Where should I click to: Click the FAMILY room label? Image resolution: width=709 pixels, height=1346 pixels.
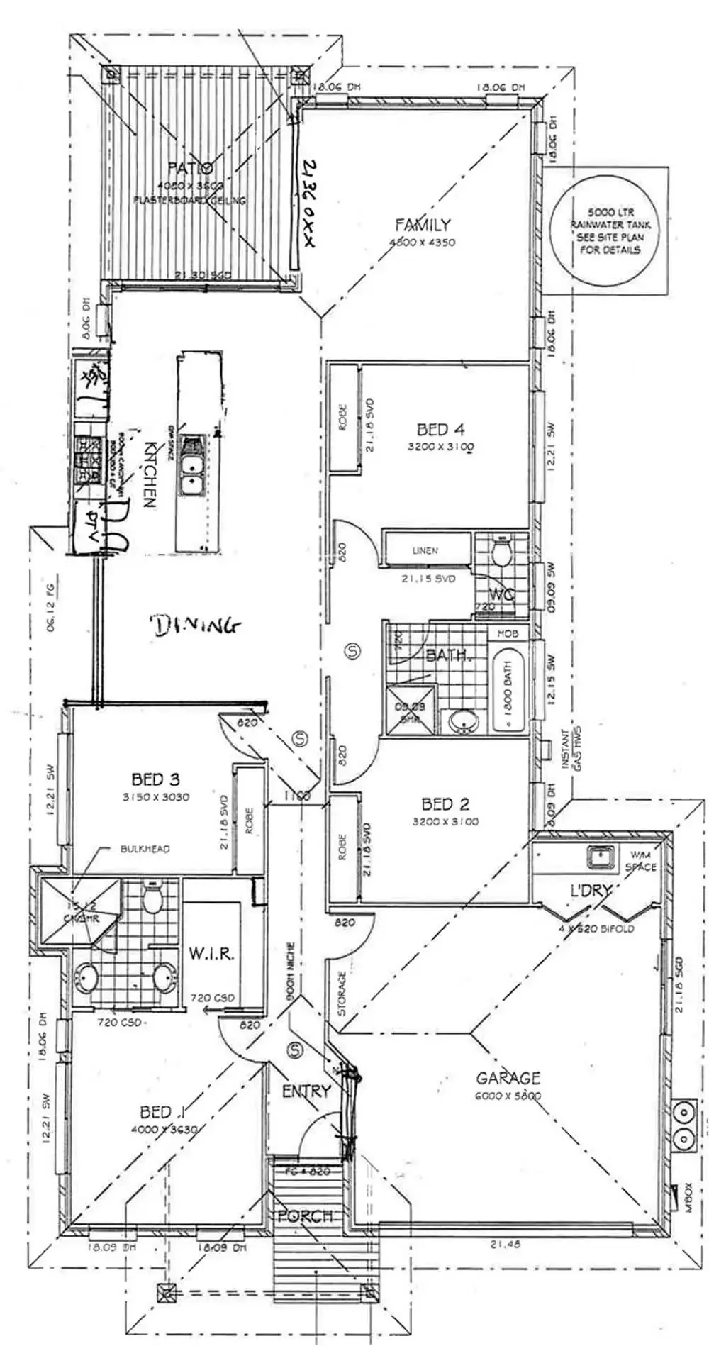click(423, 225)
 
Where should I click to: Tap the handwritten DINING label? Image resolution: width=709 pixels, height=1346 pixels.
click(195, 625)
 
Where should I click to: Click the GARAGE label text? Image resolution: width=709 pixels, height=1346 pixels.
click(508, 1078)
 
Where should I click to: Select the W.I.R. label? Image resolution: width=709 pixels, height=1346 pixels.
click(211, 954)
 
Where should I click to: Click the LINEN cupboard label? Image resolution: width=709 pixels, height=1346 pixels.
click(425, 550)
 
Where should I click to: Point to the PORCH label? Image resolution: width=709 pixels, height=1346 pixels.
click(305, 1216)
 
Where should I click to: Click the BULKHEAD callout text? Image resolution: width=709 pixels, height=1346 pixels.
click(145, 848)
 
